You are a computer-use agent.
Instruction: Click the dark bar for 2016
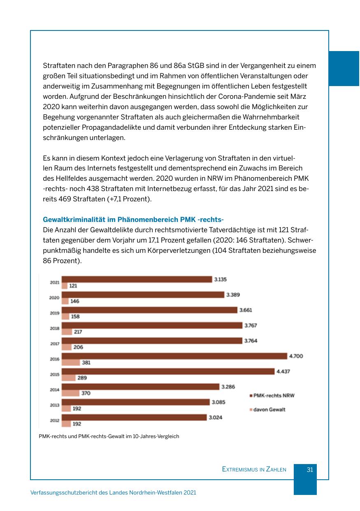click(174, 356)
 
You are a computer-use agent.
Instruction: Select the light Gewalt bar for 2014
click(70, 393)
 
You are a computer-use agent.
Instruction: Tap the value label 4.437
click(283, 371)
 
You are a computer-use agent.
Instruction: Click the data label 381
click(86, 363)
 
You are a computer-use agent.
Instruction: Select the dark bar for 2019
click(149, 310)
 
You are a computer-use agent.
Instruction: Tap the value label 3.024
click(215, 417)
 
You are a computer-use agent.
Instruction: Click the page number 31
click(310, 469)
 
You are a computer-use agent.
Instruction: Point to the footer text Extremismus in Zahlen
click(254, 469)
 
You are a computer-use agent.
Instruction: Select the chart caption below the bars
click(109, 436)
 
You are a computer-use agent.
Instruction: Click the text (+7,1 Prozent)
click(129, 199)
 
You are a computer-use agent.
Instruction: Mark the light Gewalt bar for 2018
click(67, 331)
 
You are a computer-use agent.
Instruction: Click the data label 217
click(78, 332)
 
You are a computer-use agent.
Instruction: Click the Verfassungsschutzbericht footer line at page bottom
click(113, 492)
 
